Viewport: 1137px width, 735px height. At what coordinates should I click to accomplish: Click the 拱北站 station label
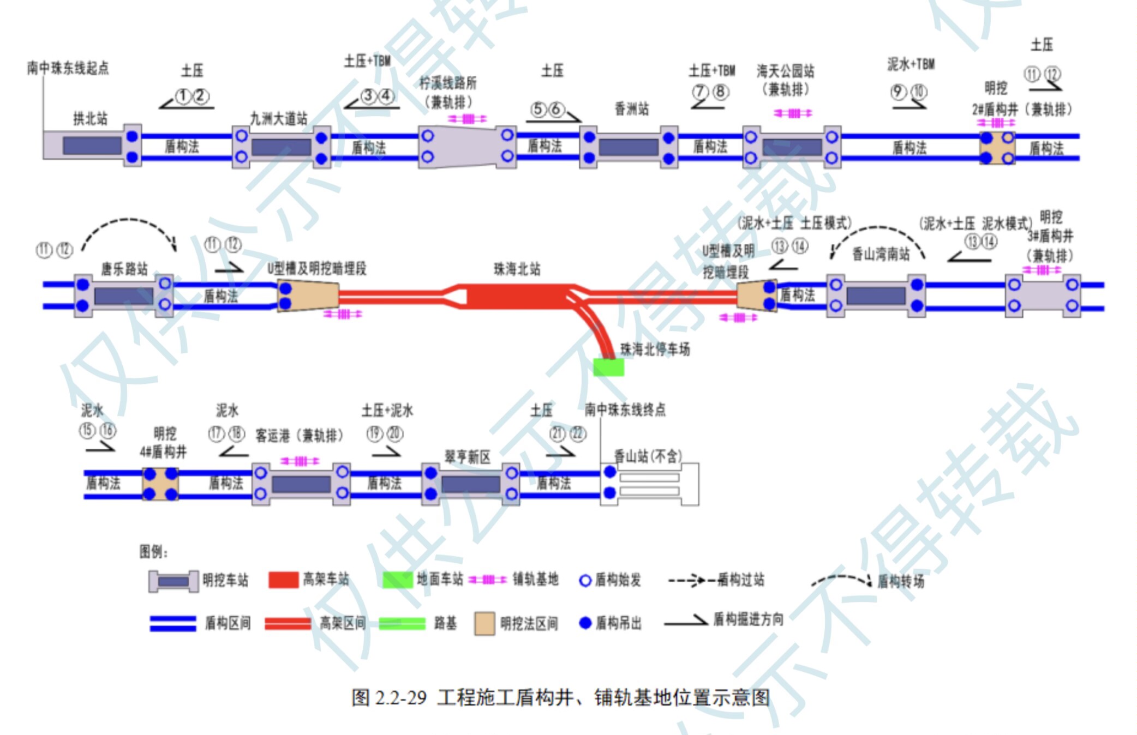click(x=91, y=118)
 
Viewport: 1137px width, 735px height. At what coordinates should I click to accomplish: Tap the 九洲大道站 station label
click(x=278, y=118)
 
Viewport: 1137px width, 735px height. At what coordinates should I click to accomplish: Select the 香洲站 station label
click(x=632, y=109)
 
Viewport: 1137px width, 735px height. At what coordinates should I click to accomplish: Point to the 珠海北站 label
click(x=517, y=269)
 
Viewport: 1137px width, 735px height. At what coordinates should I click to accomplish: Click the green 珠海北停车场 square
click(x=608, y=366)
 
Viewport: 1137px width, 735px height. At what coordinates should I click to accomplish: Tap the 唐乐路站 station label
click(x=124, y=269)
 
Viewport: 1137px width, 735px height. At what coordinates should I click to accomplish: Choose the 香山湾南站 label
click(x=881, y=254)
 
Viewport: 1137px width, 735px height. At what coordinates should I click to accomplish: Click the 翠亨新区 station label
click(x=468, y=456)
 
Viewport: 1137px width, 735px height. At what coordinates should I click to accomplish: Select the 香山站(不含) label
click(x=648, y=455)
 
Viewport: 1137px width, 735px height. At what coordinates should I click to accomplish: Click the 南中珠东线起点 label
click(x=68, y=68)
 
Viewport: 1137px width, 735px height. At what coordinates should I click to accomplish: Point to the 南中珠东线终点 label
click(x=625, y=409)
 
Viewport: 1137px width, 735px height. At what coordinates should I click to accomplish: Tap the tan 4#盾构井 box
click(x=160, y=484)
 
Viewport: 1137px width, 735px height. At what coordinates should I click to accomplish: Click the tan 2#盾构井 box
click(x=997, y=148)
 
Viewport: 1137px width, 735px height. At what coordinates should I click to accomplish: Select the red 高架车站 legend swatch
click(x=284, y=580)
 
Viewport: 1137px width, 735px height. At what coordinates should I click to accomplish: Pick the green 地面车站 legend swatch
click(x=397, y=580)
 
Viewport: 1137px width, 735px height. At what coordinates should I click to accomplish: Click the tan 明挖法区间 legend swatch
click(x=484, y=623)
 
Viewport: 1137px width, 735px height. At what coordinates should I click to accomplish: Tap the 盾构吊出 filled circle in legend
click(x=585, y=623)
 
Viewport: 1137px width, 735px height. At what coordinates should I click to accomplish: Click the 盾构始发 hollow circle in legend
click(x=585, y=581)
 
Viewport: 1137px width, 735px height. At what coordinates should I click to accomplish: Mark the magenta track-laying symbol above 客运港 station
click(x=300, y=461)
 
